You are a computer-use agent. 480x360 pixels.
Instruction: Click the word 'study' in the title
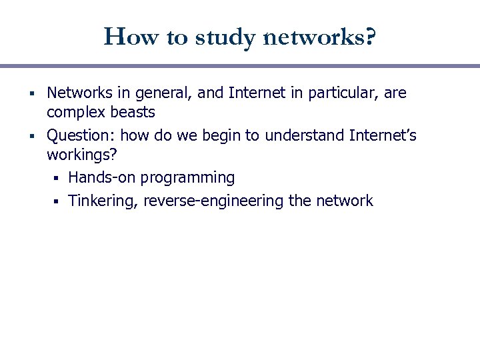pyautogui.click(x=224, y=37)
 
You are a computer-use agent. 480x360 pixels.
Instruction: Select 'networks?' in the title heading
pyautogui.click(x=320, y=37)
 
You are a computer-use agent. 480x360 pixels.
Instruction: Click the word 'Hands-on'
pyautogui.click(x=100, y=177)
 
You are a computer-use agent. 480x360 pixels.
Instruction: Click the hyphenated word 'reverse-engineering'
pyautogui.click(x=215, y=201)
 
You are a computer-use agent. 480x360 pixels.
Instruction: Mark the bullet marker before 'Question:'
pyautogui.click(x=33, y=137)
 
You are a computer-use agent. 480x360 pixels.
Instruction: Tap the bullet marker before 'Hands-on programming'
pyautogui.click(x=59, y=178)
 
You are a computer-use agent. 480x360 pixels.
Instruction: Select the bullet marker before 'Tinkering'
pyautogui.click(x=59, y=201)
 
